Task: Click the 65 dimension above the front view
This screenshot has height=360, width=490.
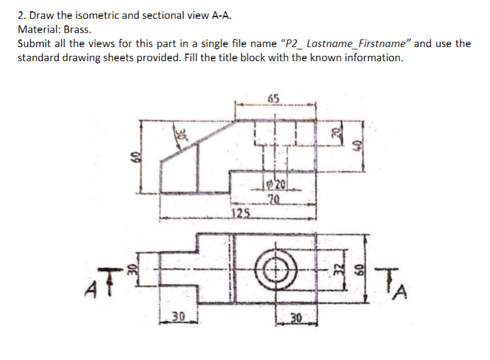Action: coord(273,98)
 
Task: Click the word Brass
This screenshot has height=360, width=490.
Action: coord(78,29)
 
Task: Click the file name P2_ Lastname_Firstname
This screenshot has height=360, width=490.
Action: coord(347,43)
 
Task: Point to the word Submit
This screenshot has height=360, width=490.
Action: coord(35,43)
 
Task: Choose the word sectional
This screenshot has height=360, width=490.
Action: coord(153,15)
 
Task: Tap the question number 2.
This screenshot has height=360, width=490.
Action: coord(21,15)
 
